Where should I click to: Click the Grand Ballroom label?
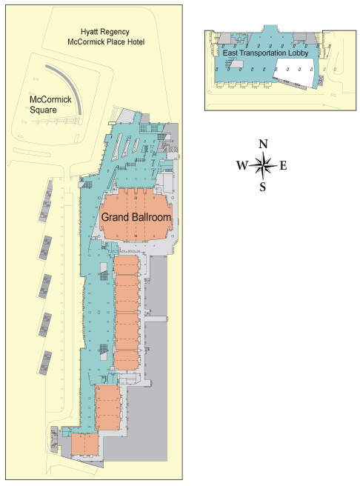pos(136,217)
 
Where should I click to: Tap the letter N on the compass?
pos(263,144)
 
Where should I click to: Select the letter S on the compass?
pos(263,187)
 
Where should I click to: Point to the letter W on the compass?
pos(242,165)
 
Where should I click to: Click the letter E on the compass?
pos(283,166)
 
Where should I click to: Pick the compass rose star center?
pos(263,165)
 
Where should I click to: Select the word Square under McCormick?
pos(43,110)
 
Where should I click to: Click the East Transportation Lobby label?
pos(265,53)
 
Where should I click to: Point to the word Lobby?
pos(299,53)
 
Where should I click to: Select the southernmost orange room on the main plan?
pos(85,445)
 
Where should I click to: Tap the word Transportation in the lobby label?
pos(263,53)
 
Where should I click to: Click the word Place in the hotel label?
pos(116,41)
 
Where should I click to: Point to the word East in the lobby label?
pos(230,53)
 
